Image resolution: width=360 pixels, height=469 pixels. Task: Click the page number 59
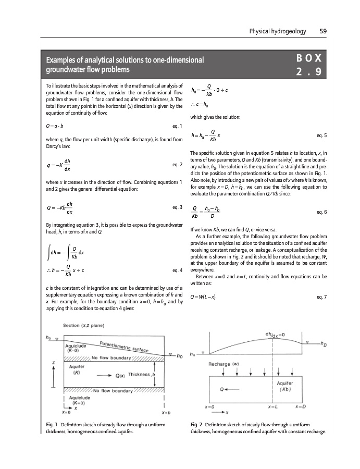coord(322,31)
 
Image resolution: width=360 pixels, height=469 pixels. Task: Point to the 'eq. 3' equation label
coord(177,207)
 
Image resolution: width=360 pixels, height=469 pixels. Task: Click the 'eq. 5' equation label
coord(321,135)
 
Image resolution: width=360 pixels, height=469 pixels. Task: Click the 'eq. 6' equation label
coord(321,213)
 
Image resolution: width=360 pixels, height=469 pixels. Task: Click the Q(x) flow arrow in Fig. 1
coord(110,375)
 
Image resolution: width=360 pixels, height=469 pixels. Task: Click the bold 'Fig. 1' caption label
coord(52,425)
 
